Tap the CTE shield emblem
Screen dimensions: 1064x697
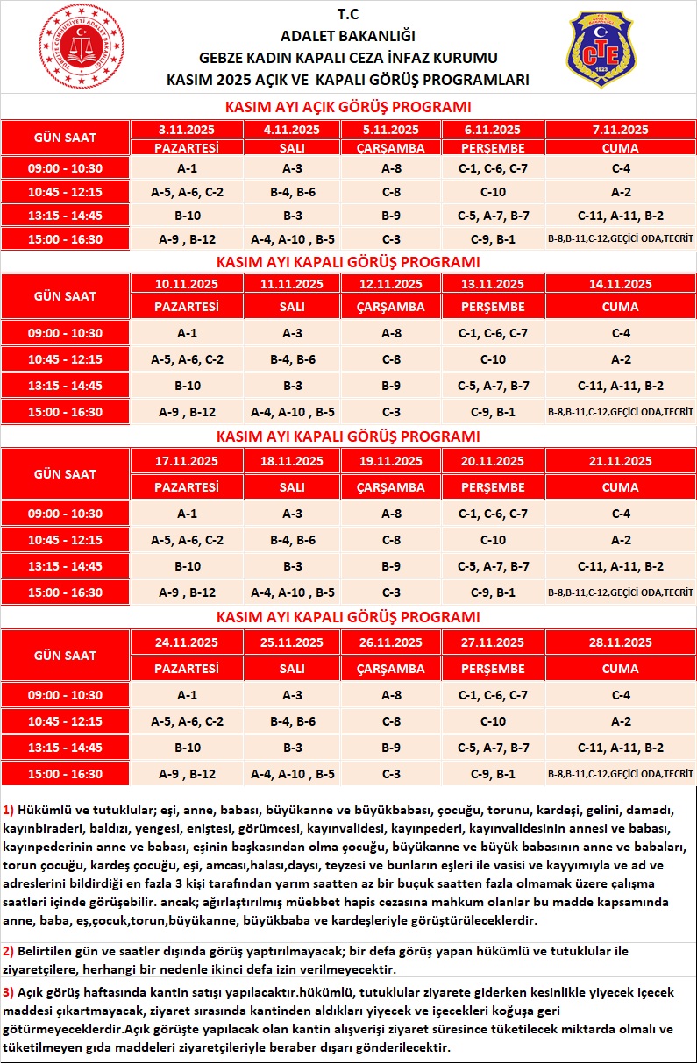tap(603, 50)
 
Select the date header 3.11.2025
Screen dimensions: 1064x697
tap(187, 130)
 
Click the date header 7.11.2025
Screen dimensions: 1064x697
tap(620, 130)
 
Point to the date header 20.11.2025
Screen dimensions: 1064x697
tap(493, 461)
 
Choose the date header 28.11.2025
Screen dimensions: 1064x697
tap(620, 642)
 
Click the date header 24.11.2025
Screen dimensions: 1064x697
tap(187, 642)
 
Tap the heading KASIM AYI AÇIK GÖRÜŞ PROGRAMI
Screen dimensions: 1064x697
tap(348, 107)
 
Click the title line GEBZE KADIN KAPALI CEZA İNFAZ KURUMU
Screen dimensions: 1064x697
tap(348, 58)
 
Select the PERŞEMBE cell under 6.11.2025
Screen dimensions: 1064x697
tap(493, 147)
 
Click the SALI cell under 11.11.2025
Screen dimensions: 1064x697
tap(292, 307)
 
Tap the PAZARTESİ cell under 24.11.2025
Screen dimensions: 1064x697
tap(187, 669)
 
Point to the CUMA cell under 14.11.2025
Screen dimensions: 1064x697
tap(620, 307)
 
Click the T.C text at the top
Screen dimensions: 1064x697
tap(348, 15)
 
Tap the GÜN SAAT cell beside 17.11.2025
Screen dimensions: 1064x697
tap(65, 474)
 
